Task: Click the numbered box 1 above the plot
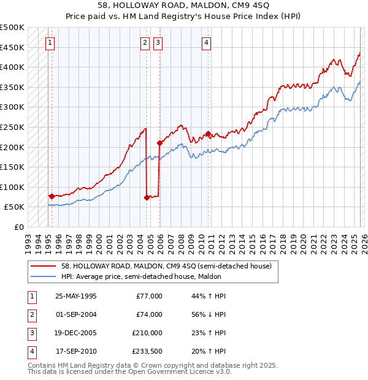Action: tap(50, 42)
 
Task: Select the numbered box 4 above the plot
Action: tap(207, 42)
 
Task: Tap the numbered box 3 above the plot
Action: tap(158, 42)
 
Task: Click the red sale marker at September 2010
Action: tap(209, 134)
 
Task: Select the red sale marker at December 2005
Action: tap(159, 143)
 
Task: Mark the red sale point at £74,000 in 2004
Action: tap(147, 197)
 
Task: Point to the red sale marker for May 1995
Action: tap(52, 196)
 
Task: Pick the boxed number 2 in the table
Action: tap(31, 314)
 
